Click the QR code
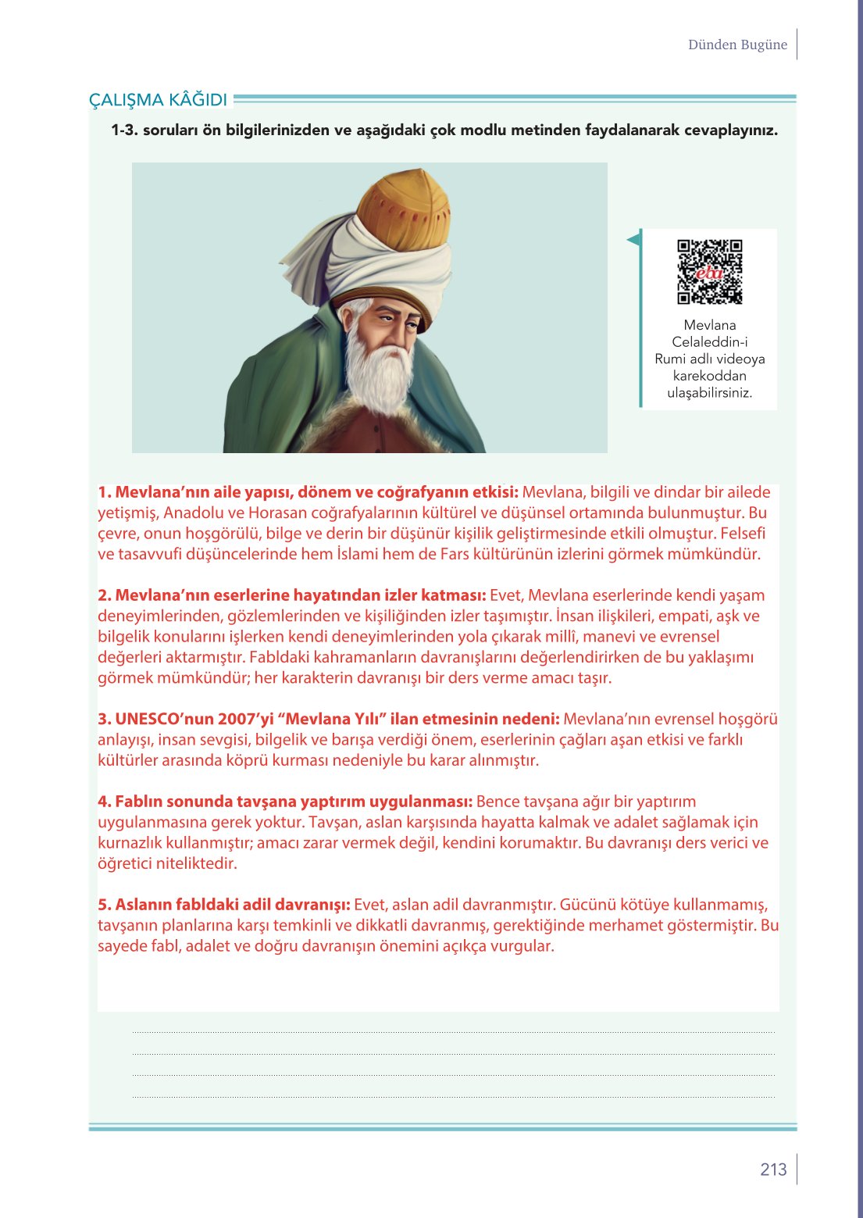[709, 271]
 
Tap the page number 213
[773, 1169]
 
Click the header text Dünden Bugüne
[737, 45]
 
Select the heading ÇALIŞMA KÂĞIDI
[159, 100]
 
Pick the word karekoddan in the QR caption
[709, 376]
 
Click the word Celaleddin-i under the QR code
[709, 342]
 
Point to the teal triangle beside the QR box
[634, 240]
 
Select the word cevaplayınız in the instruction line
[730, 130]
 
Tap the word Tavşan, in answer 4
[335, 822]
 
